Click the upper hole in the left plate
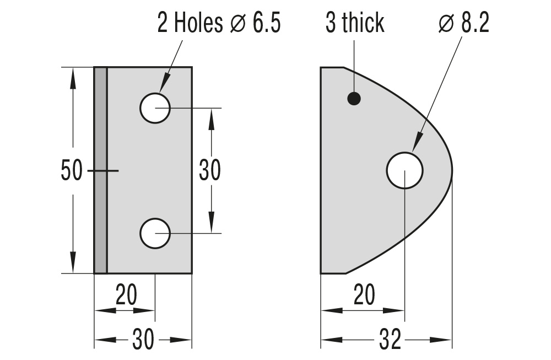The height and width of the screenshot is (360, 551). pyautogui.click(x=155, y=108)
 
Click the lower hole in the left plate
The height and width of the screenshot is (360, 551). pyautogui.click(x=155, y=233)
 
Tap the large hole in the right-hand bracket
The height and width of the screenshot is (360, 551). pyautogui.click(x=404, y=170)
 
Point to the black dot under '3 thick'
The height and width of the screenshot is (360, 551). pyautogui.click(x=354, y=99)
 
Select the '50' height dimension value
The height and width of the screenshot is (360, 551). pyautogui.click(x=72, y=170)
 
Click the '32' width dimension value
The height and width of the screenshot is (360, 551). pyautogui.click(x=390, y=341)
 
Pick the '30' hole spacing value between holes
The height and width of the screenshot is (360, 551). pyautogui.click(x=209, y=170)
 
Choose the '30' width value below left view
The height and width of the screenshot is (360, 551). pyautogui.click(x=143, y=341)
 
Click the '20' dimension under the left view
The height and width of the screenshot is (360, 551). pyautogui.click(x=126, y=297)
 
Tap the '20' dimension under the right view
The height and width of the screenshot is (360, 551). pyautogui.click(x=364, y=297)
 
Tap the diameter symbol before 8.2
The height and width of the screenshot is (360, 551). pyautogui.click(x=446, y=25)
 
